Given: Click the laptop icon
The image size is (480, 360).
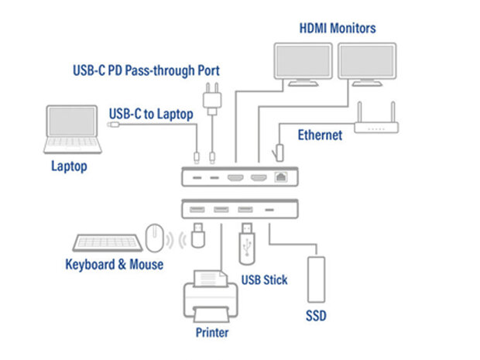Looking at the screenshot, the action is click(x=73, y=129).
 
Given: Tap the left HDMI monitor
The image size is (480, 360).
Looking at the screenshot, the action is click(x=303, y=64).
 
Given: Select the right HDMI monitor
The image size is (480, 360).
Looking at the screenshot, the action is click(x=367, y=64).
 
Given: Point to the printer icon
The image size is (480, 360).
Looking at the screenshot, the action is click(x=211, y=297).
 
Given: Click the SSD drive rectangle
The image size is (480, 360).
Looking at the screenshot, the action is click(x=316, y=279).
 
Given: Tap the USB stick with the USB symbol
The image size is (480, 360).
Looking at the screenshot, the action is click(x=247, y=244).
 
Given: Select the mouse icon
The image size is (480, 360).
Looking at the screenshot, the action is click(x=154, y=238).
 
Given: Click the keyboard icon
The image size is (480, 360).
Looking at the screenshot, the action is click(x=108, y=243).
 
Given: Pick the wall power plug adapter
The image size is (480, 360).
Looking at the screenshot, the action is click(x=212, y=99).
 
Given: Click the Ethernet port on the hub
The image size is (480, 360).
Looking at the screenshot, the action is click(x=281, y=177).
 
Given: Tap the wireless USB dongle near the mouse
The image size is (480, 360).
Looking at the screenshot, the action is click(x=198, y=235).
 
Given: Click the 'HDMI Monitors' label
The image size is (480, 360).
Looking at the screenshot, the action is click(x=338, y=28).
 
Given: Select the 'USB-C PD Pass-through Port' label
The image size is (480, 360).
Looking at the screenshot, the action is click(x=146, y=70).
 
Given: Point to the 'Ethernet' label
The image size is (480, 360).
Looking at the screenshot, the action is click(x=320, y=135).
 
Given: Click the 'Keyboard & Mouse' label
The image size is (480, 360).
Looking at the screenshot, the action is click(x=114, y=265).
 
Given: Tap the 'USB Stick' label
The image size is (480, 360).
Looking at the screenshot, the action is click(x=265, y=279).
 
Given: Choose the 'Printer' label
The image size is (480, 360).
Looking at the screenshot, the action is click(x=212, y=332).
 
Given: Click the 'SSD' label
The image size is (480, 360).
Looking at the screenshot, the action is click(x=316, y=316).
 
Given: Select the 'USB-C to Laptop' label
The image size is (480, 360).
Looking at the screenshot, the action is click(x=151, y=114).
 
